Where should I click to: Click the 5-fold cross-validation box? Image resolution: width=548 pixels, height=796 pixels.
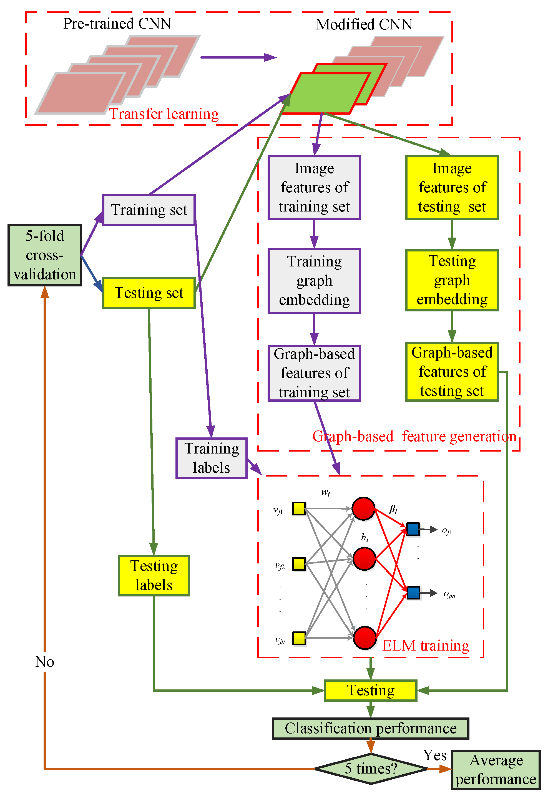[x=45, y=255]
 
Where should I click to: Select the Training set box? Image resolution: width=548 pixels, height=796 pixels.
[x=149, y=210]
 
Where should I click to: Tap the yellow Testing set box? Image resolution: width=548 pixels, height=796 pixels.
[x=149, y=293]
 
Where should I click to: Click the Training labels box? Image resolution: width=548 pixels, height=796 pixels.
[x=212, y=458]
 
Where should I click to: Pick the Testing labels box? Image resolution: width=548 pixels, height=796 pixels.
[x=154, y=575]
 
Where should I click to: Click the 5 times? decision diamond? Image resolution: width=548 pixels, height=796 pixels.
[x=371, y=769]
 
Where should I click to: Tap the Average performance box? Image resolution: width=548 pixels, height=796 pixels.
[x=496, y=770]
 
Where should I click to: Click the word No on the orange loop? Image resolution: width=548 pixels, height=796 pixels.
[x=45, y=662]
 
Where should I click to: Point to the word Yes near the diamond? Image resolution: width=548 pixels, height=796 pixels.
[x=435, y=755]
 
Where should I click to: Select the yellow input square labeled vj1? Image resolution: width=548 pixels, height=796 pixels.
[x=299, y=509]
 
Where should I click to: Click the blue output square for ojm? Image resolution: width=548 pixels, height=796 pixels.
[x=413, y=593]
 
